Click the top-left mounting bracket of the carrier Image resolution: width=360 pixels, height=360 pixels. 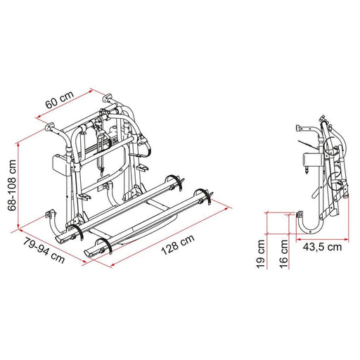[51, 129]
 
